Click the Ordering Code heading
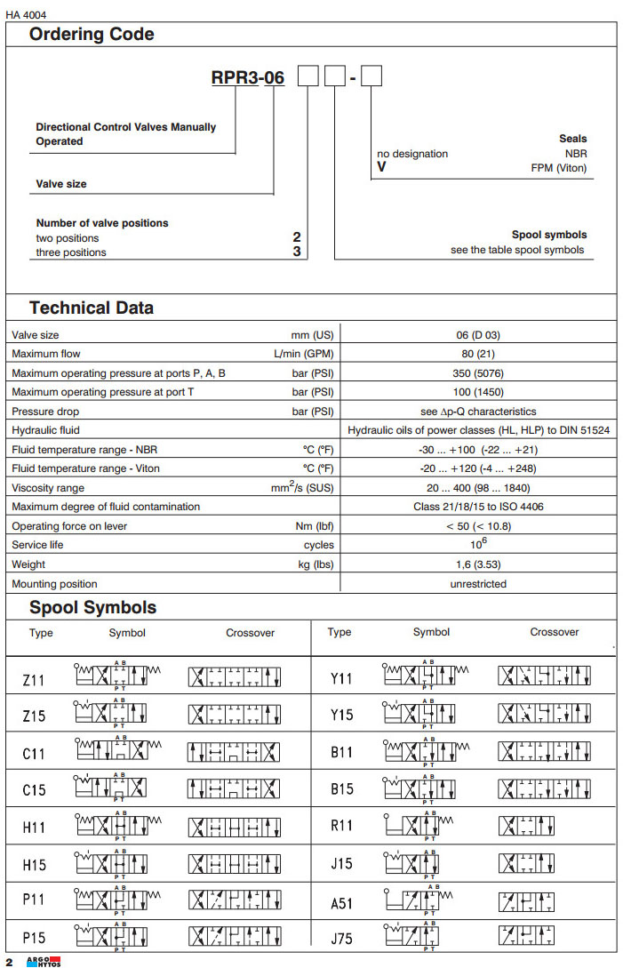point(92,35)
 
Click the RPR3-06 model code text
point(247,78)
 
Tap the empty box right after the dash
point(371,77)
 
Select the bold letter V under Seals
point(381,167)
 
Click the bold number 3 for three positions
point(297,252)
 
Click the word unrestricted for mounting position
point(478,584)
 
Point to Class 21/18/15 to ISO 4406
point(478,507)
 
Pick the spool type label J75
point(341,936)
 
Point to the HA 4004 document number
point(26,14)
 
